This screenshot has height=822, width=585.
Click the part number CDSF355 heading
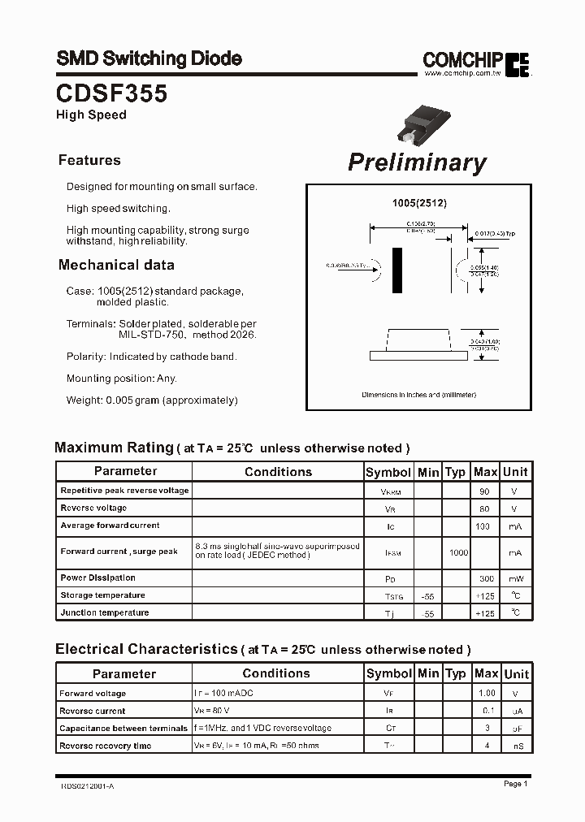coord(111,93)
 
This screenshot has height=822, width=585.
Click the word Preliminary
coord(417,162)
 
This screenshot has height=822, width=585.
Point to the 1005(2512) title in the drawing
coord(419,203)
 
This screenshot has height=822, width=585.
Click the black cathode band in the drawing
coord(397,270)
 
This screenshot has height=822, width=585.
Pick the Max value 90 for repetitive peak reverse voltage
coord(485,491)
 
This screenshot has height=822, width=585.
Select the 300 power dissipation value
coord(485,578)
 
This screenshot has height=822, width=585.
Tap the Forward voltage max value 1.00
coord(486,694)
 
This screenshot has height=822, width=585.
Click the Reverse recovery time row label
coord(105,746)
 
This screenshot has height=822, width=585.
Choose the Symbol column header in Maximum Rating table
coord(388,472)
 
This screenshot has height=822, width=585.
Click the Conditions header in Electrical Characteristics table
coord(276,673)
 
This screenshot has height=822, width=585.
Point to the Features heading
coord(89,160)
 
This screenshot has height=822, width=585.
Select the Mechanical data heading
coord(116,265)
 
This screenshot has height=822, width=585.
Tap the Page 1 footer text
coord(515,784)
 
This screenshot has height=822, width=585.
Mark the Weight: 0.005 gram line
coord(152,400)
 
